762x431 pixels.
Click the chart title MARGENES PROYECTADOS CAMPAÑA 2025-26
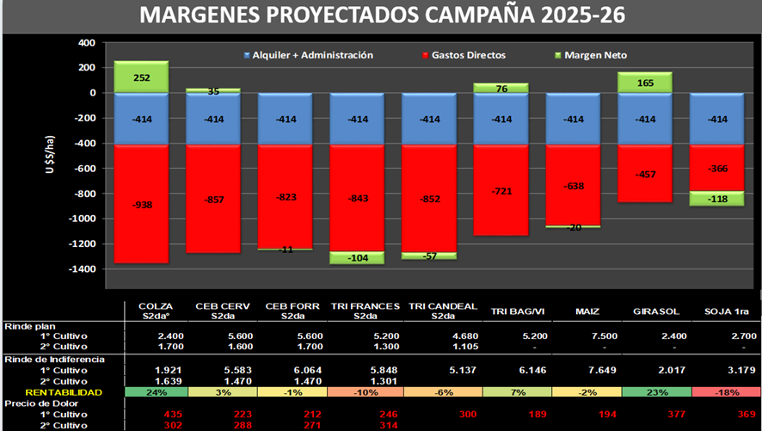pyautogui.click(x=382, y=15)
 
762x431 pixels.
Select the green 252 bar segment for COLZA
pyautogui.click(x=142, y=77)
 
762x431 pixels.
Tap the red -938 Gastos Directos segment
pyautogui.click(x=142, y=204)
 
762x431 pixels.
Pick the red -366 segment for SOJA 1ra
pyautogui.click(x=717, y=168)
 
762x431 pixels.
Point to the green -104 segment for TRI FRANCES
pyautogui.click(x=358, y=257)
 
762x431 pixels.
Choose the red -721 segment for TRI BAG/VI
pyautogui.click(x=501, y=189)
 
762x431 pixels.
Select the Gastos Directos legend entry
pyautogui.click(x=464, y=55)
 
